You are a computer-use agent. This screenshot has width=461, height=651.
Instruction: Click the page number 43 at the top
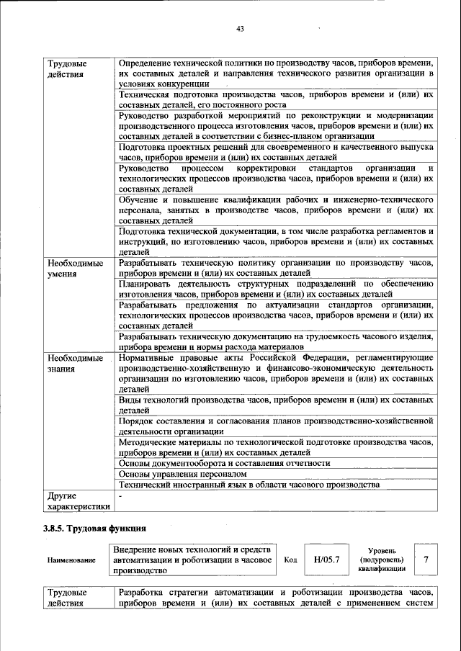240,29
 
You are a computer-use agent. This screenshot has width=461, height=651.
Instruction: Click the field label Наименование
71,560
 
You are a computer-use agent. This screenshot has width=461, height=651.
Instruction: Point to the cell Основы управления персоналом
182,475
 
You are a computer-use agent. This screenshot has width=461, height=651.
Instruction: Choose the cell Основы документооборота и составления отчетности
224,464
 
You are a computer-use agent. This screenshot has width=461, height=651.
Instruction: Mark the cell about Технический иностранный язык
249,485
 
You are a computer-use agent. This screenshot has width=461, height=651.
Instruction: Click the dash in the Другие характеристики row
121,496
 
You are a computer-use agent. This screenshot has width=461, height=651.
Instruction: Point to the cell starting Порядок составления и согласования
275,425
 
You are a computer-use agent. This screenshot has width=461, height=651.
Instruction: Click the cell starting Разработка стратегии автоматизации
275,598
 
